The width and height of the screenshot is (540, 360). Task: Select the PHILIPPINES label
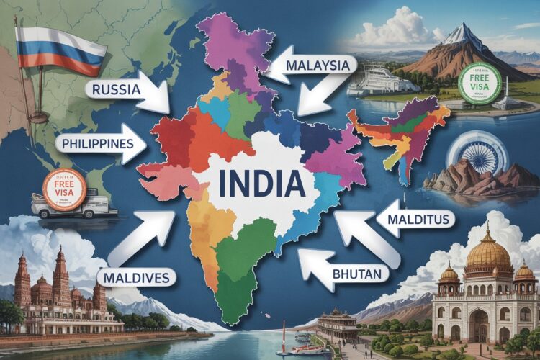[99, 143]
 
